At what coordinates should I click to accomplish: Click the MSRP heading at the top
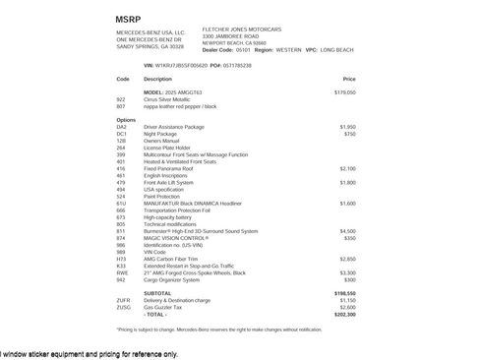pos(128,19)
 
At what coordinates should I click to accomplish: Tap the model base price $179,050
pos(344,91)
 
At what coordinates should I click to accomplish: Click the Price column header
pos(349,79)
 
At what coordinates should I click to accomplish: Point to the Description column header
pos(157,79)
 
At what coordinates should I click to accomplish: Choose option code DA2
pos(122,127)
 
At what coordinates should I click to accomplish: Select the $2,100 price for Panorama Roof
pos(347,168)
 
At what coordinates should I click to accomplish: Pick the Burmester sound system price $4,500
pos(347,231)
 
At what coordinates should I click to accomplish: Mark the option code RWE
pos(122,272)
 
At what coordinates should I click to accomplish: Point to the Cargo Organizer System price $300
pos(349,279)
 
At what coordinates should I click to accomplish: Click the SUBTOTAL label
pos(157,293)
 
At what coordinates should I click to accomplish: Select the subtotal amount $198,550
pos(344,293)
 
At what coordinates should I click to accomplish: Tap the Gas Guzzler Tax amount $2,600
pos(347,307)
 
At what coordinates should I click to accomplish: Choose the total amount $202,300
pos(344,314)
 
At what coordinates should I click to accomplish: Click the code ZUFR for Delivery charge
pos(123,300)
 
